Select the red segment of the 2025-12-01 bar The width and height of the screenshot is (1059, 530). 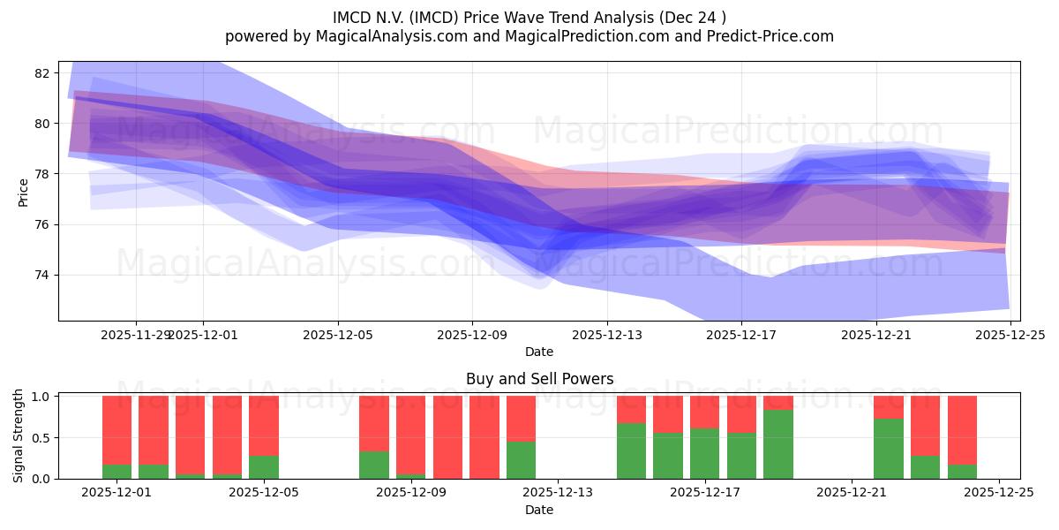click(116, 429)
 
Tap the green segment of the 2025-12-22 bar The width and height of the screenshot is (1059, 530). click(889, 449)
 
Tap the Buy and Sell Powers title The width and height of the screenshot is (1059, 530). click(539, 379)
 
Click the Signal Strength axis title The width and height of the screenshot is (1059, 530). click(19, 436)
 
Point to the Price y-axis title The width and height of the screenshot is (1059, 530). click(23, 192)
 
